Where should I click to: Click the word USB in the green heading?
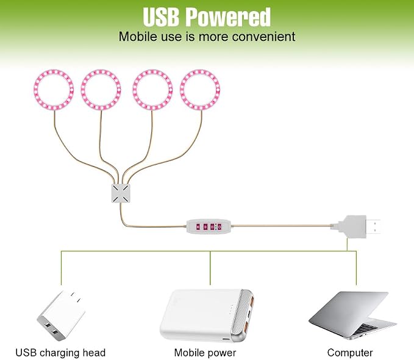(x=161, y=17)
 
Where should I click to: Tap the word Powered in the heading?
(x=228, y=17)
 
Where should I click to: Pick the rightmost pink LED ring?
(x=182, y=90)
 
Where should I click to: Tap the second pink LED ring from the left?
(x=82, y=90)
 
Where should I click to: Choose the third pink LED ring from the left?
(x=134, y=90)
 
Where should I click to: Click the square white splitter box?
(x=121, y=193)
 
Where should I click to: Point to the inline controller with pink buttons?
(x=209, y=226)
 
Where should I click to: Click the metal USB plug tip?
(x=373, y=226)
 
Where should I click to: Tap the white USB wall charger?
(x=61, y=315)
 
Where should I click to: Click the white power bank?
(x=207, y=315)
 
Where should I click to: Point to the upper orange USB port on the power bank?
(x=251, y=301)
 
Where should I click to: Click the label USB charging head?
(x=60, y=353)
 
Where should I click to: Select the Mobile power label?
(x=205, y=353)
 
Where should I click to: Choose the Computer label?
(x=350, y=353)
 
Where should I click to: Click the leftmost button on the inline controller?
(x=198, y=226)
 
